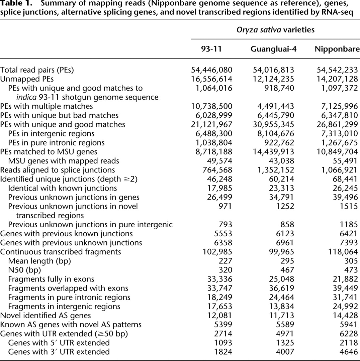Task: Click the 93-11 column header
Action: [x=211, y=49]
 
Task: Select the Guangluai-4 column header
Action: [x=273, y=49]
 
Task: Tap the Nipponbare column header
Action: [x=337, y=49]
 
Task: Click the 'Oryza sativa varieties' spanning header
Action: [x=275, y=30]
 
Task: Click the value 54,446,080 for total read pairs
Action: [x=211, y=70]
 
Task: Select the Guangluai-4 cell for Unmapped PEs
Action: [x=273, y=79]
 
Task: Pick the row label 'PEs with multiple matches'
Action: [x=47, y=106]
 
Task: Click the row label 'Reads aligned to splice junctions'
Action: [x=57, y=169]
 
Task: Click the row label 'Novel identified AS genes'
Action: [x=46, y=315]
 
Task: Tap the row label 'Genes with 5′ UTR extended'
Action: [x=59, y=343]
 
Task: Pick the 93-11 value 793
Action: [x=225, y=225]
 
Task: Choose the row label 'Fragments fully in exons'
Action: [x=51, y=279]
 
